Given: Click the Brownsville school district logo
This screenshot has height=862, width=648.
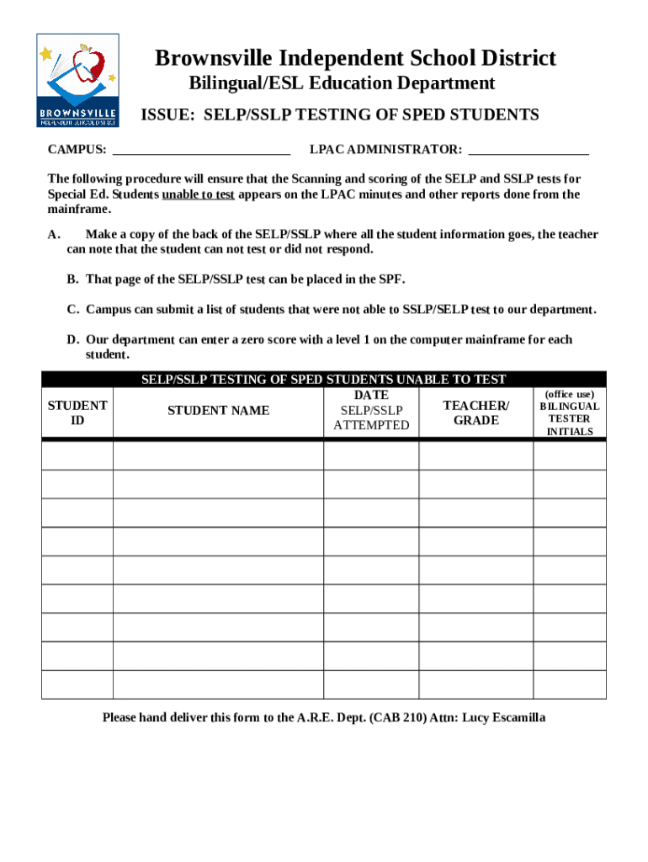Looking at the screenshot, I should [77, 80].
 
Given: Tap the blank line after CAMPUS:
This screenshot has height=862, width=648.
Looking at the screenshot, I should [201, 150].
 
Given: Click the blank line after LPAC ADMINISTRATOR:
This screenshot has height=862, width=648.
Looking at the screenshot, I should [528, 150].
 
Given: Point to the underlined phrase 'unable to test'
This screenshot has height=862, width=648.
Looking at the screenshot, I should [198, 194].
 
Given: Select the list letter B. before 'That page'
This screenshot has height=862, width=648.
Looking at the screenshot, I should [73, 279].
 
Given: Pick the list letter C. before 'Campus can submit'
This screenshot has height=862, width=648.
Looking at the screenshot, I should [73, 309].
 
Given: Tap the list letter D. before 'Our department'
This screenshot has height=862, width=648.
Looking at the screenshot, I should [73, 339].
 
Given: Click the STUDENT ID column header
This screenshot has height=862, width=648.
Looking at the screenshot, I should [77, 412].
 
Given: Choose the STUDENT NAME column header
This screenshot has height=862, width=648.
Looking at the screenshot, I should [219, 410].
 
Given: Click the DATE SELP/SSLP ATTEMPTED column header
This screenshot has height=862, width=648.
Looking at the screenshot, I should [371, 410].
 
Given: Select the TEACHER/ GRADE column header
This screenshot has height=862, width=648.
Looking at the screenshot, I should [475, 412].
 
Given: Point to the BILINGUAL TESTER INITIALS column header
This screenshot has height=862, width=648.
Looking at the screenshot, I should [570, 412].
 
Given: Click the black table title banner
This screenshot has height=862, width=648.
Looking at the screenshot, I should [323, 380].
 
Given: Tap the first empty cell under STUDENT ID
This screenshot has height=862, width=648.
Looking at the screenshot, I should [77, 455].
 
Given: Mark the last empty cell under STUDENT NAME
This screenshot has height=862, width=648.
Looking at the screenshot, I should [219, 684].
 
